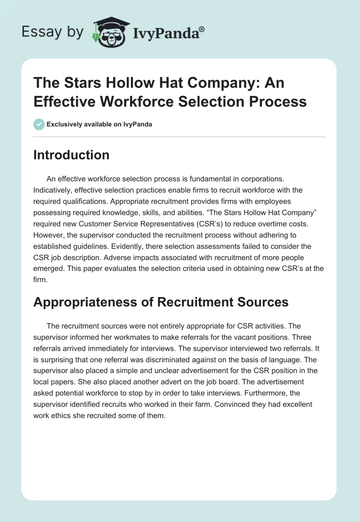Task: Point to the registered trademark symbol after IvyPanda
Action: [x=202, y=28]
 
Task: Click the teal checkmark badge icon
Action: [x=39, y=124]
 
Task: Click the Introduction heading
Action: [x=71, y=155]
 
